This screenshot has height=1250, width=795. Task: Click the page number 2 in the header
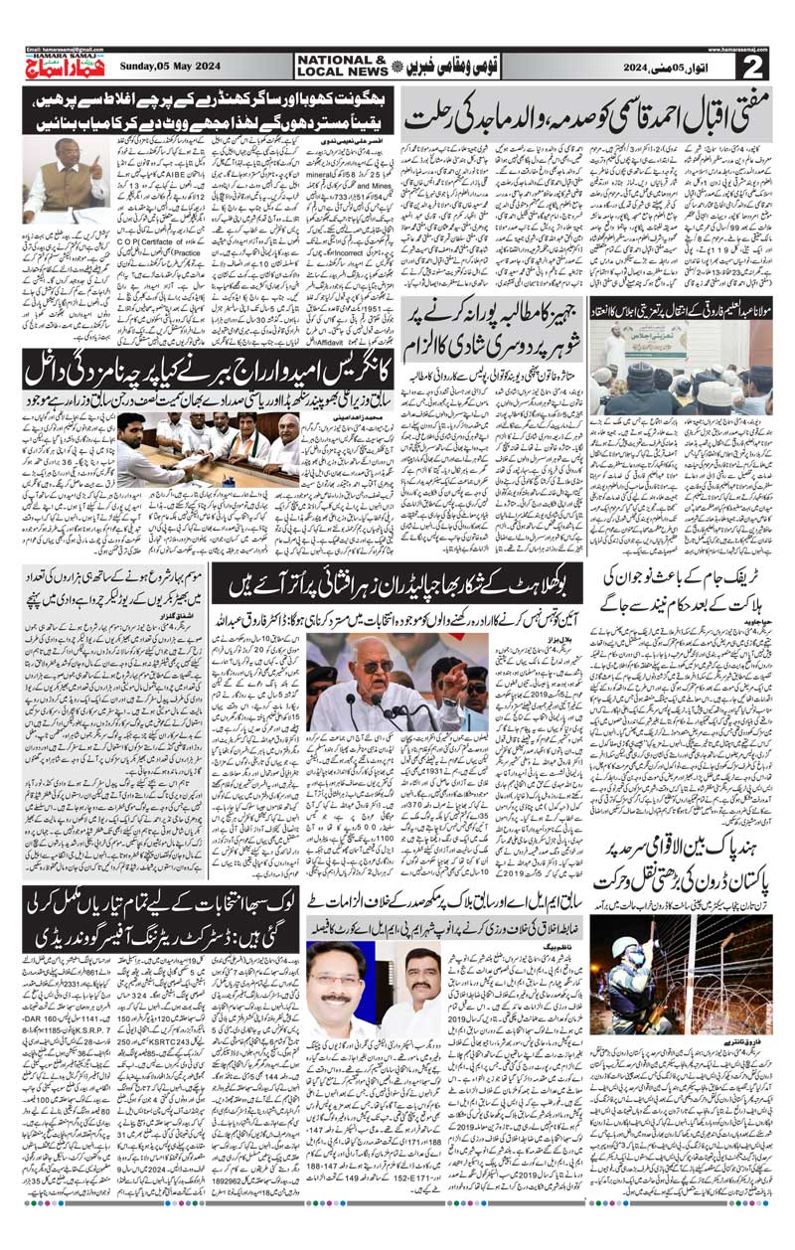click(x=753, y=66)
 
